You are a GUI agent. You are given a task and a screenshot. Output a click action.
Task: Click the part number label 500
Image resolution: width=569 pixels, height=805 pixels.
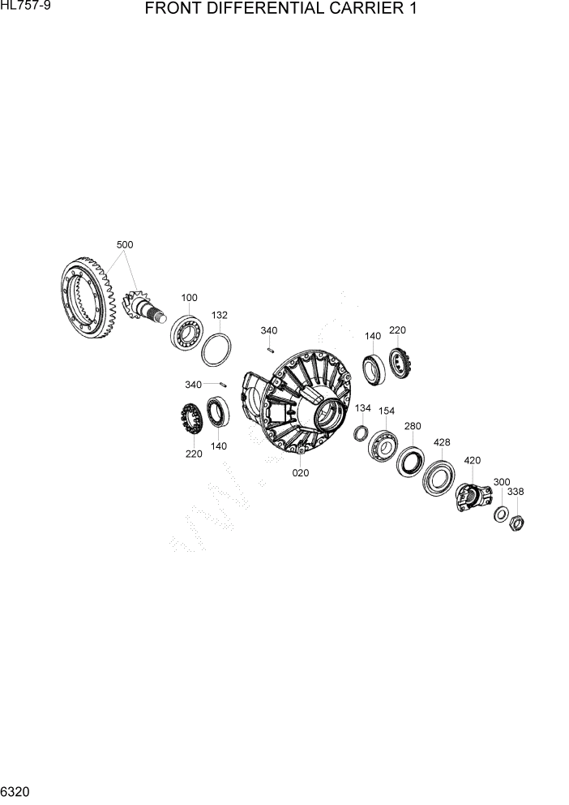pos(125,244)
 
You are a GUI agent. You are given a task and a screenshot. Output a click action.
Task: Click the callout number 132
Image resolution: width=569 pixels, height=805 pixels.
pos(220,315)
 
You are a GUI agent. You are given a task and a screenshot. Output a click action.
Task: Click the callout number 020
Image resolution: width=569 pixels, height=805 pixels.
pos(301,473)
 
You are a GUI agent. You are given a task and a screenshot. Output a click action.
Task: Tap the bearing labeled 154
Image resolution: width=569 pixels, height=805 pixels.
pos(383,445)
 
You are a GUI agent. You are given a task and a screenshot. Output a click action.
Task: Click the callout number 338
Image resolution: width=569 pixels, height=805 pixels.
pos(516,492)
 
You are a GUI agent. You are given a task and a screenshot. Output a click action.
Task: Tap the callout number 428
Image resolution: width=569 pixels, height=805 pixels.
pos(442,442)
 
